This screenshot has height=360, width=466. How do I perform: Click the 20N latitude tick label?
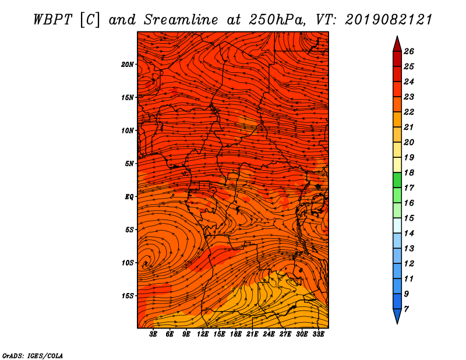128,64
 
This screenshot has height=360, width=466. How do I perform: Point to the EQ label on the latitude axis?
129,196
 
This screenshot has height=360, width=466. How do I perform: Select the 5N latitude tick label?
129,164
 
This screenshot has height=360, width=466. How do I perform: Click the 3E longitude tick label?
153,334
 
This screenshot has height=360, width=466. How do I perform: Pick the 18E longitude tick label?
236,334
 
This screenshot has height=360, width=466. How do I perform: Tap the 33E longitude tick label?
318,334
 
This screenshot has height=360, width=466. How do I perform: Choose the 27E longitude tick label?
285,334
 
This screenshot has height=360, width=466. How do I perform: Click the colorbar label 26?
409,51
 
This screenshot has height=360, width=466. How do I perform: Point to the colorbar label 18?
409,172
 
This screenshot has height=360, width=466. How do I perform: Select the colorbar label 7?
407,309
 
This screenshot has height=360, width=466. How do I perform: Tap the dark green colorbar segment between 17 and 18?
397,180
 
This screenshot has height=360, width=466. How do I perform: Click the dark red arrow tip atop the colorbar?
397,44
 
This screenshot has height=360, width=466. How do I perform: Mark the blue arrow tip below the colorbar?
397,316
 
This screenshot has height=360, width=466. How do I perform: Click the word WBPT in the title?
53,20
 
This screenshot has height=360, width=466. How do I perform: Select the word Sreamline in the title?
181,20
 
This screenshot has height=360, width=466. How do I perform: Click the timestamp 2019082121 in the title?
389,20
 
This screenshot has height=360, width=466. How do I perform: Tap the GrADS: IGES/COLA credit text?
33,356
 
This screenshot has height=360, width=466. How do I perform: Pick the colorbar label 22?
409,112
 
